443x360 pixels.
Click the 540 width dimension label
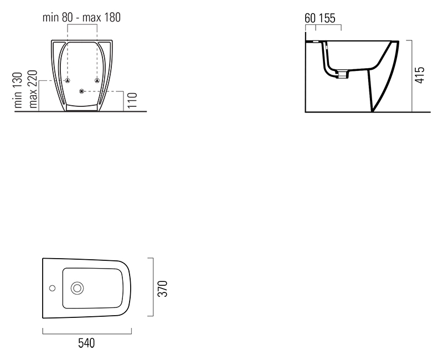pos(86,343)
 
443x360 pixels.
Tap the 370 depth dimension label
pos(163,289)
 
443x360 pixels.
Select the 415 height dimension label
pos(420,75)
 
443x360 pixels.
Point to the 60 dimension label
pos(310,18)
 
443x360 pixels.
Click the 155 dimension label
pos(327,18)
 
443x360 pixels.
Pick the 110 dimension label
pos(132,100)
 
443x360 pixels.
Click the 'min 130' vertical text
pos(18,90)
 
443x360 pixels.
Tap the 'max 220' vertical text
pos(33,89)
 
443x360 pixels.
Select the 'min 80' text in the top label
pos(58,18)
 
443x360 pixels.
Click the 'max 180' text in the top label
pos(101,18)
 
